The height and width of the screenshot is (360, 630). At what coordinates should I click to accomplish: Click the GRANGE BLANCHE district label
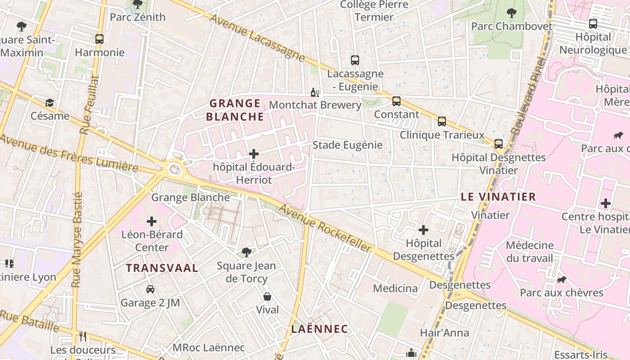coord(235,110)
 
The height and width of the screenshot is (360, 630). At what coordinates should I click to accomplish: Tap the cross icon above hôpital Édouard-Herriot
coord(254,154)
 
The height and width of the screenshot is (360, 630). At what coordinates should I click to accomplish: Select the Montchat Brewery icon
coord(315,93)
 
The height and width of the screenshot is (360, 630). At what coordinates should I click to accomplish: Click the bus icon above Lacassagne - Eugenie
coord(355,60)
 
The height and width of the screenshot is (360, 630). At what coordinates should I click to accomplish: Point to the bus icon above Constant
coord(396,101)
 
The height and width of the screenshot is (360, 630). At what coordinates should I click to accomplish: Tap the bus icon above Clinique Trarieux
coord(442,121)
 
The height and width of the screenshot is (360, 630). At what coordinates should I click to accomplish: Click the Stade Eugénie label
coord(347,145)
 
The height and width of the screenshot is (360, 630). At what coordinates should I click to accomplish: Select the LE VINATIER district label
coord(498,197)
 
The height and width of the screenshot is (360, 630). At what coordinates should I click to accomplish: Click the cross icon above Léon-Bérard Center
coord(152,221)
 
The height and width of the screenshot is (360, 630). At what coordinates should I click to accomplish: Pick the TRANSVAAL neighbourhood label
coord(162,268)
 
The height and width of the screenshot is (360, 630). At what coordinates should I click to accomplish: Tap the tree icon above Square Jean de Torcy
coord(246,252)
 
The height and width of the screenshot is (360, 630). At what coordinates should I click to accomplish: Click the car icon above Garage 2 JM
coord(150,289)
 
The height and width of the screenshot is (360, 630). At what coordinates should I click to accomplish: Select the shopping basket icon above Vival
coord(267,297)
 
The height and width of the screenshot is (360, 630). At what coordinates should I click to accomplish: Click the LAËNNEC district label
coord(319,329)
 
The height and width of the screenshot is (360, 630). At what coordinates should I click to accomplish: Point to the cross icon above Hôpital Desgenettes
coord(423,230)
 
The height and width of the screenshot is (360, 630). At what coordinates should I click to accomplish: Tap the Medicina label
coord(395,288)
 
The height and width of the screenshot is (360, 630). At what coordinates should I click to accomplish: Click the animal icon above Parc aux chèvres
coord(561,279)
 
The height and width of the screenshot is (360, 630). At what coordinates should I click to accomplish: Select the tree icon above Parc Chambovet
coord(511,13)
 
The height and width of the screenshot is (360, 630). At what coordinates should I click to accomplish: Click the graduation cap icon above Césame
coord(49,103)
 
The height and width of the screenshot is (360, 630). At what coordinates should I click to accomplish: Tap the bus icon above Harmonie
coord(99,39)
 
